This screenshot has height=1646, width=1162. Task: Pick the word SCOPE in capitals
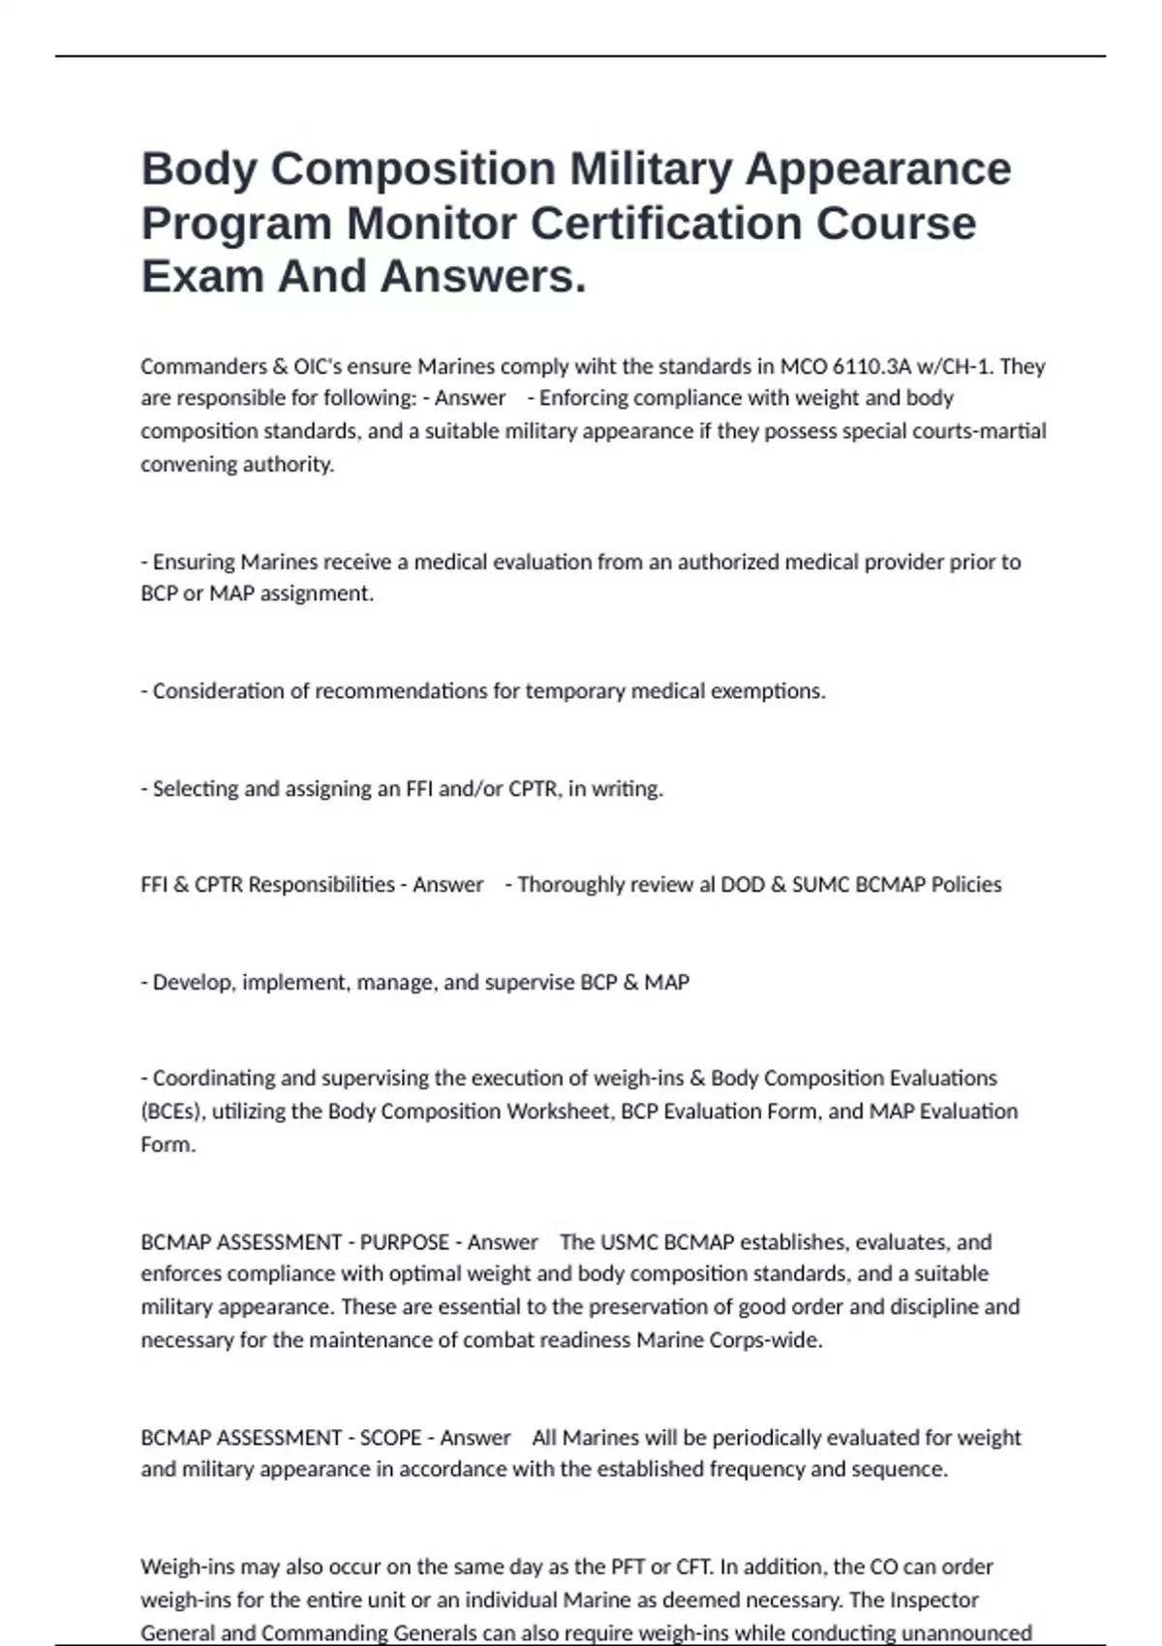(390, 1438)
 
